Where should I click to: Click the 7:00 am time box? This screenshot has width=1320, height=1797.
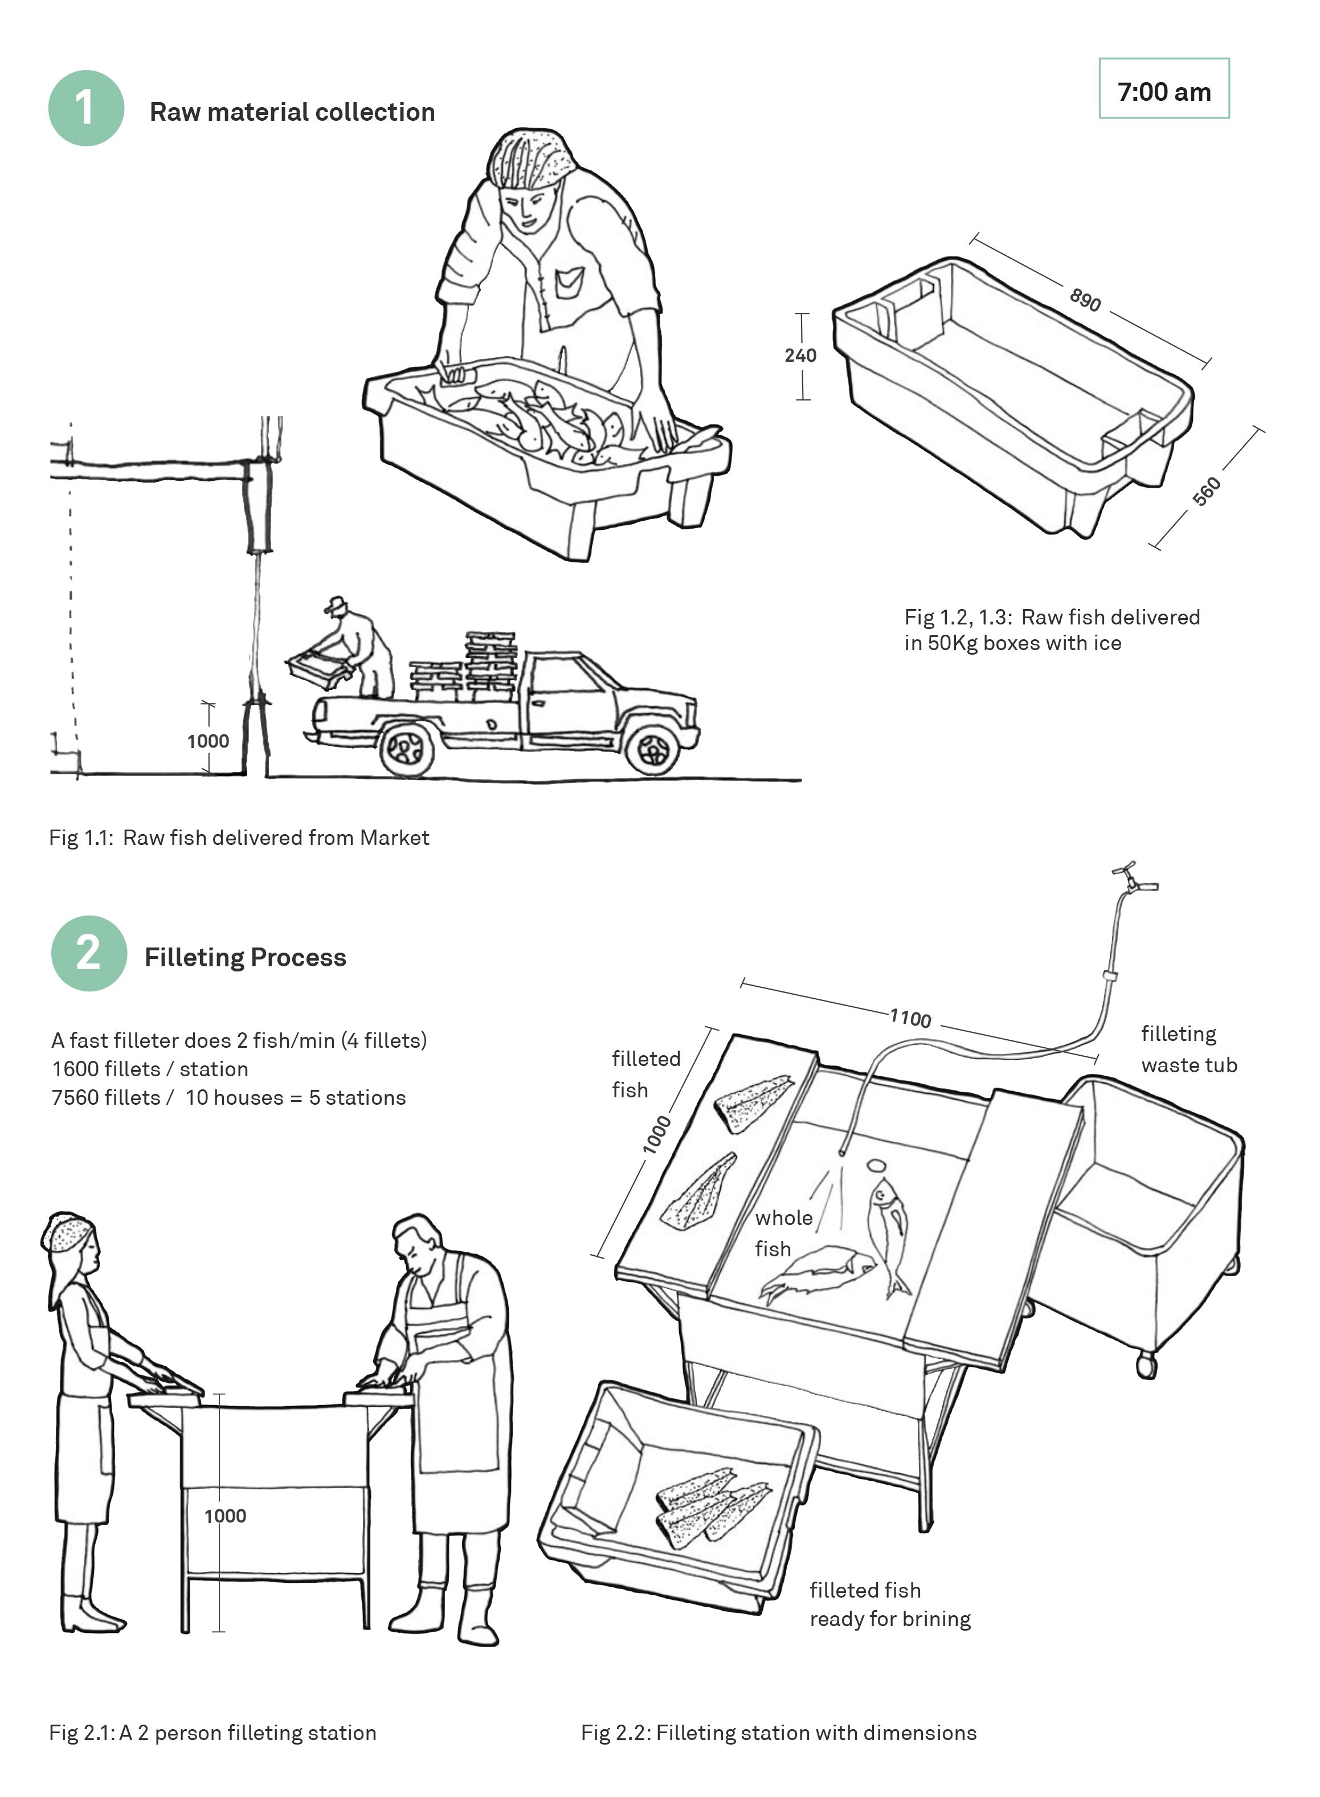click(x=1163, y=89)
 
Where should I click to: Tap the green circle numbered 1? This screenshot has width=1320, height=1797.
click(x=86, y=108)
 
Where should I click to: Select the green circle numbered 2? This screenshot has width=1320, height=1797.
click(x=89, y=953)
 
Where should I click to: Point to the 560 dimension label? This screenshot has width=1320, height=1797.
click(x=1207, y=491)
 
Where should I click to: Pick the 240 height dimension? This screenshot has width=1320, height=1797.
click(x=800, y=356)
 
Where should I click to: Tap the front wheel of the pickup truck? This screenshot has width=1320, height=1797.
click(x=653, y=749)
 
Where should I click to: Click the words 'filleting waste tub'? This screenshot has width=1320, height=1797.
click(x=1188, y=1049)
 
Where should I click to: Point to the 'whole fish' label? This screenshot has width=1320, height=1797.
click(x=782, y=1233)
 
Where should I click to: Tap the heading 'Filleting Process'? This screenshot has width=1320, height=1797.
click(x=246, y=957)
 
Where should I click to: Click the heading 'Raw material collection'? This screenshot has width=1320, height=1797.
click(x=292, y=112)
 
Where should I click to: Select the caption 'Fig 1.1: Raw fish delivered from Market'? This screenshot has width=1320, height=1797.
click(x=239, y=838)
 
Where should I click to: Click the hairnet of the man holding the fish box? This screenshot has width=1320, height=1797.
click(x=532, y=157)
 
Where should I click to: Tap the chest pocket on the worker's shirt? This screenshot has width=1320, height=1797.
click(x=569, y=282)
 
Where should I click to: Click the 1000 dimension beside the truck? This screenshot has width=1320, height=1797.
click(x=208, y=741)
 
